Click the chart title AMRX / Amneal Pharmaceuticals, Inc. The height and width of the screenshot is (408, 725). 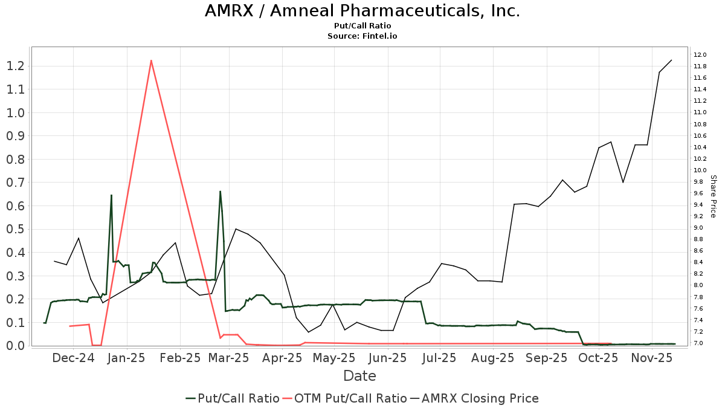(x=362, y=11)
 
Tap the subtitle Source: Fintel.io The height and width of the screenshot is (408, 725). (x=362, y=36)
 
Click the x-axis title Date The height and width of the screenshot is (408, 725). (x=359, y=376)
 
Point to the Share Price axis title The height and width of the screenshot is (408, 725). (x=713, y=196)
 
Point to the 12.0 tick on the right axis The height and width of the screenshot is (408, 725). (x=700, y=55)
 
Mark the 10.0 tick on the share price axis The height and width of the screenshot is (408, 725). (x=700, y=170)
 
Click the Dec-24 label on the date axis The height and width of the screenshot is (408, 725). (x=74, y=358)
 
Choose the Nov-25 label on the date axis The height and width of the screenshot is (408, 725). (x=652, y=358)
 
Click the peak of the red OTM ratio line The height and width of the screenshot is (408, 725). (x=150, y=60)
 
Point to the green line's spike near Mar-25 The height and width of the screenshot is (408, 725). (x=220, y=192)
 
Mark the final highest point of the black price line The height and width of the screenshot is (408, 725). (x=672, y=60)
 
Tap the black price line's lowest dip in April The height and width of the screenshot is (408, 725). (x=308, y=332)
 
